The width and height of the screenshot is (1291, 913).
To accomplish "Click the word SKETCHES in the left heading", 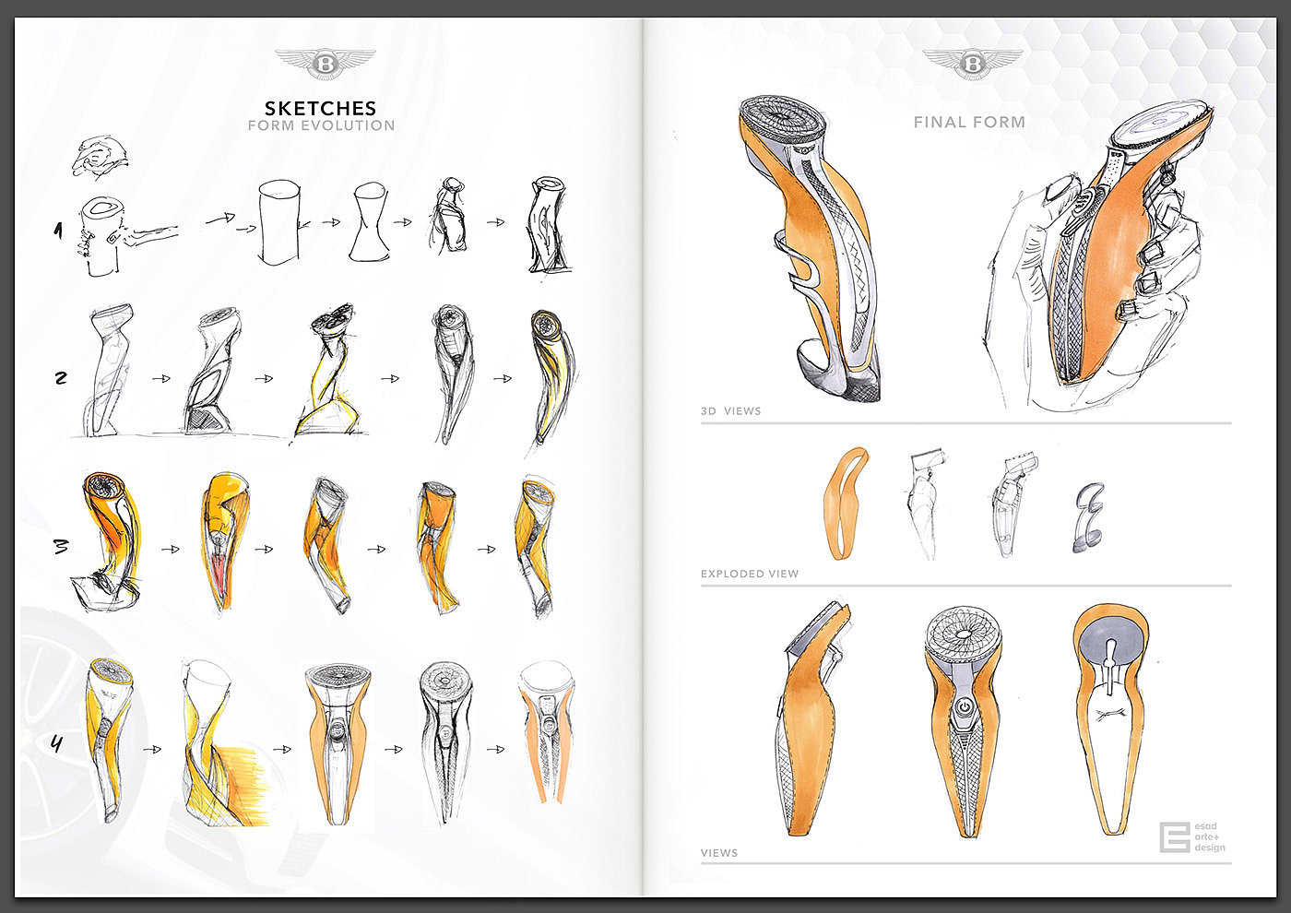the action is [x=320, y=108].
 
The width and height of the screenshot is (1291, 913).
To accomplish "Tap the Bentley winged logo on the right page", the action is [x=973, y=63].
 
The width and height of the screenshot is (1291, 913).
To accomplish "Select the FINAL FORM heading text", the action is [x=969, y=122].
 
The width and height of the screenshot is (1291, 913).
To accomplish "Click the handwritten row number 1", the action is [x=58, y=231].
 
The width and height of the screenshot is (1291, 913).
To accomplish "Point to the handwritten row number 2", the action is [x=61, y=377].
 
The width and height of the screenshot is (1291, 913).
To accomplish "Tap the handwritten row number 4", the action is [x=57, y=743].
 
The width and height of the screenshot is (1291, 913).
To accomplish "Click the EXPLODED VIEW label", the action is [x=750, y=574].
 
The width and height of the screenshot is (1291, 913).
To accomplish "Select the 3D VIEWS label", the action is [x=730, y=411].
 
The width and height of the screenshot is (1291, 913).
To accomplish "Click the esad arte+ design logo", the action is [x=1192, y=837].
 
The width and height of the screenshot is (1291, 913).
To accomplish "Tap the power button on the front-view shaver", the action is [x=963, y=706].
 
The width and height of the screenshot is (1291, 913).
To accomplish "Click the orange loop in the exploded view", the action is [x=845, y=504].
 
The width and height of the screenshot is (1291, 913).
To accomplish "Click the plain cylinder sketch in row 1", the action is [x=280, y=222].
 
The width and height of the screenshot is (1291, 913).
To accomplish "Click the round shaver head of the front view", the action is [x=963, y=637].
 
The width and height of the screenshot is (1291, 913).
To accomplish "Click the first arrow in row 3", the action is [x=171, y=550].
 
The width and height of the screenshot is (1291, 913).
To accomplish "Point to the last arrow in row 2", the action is [x=502, y=378].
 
